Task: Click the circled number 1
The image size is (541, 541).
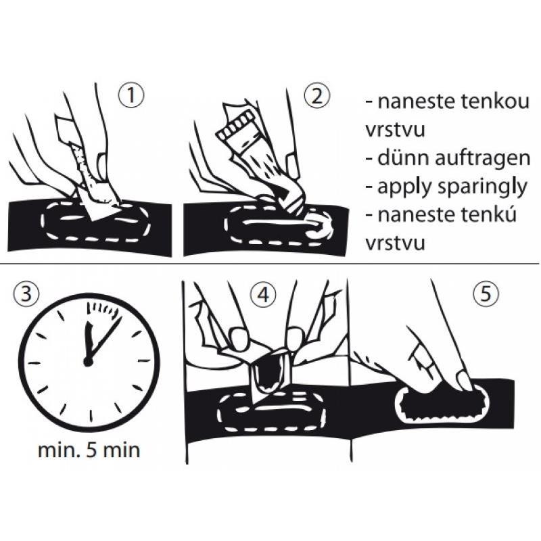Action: pyautogui.click(x=131, y=96)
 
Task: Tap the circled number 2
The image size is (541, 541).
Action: pyautogui.click(x=317, y=96)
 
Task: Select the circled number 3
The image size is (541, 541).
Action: pyautogui.click(x=26, y=293)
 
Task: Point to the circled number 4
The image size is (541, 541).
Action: pyautogui.click(x=264, y=295)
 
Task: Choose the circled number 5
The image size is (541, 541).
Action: pyautogui.click(x=486, y=293)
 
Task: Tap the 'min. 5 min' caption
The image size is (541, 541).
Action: pyautogui.click(x=89, y=450)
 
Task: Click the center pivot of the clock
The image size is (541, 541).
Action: pyautogui.click(x=89, y=362)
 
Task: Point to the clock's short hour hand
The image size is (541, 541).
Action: pyautogui.click(x=89, y=341)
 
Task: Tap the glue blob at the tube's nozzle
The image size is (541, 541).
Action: pyautogui.click(x=316, y=225)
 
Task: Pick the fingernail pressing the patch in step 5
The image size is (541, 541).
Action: pyautogui.click(x=464, y=380)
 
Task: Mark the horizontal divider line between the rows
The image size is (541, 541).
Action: pyautogui.click(x=269, y=264)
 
